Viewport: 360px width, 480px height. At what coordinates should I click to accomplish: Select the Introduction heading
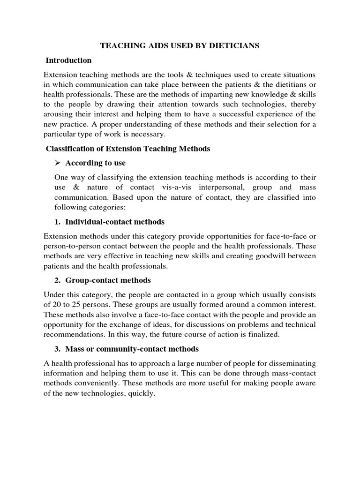pos(68,60)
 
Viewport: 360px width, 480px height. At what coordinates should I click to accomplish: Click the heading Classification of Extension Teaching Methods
pos(128,149)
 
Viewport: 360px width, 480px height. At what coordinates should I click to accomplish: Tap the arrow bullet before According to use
pos(59,163)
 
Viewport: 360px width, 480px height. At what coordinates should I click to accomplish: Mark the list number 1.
pos(58,222)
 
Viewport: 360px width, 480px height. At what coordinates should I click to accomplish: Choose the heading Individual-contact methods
pos(115,222)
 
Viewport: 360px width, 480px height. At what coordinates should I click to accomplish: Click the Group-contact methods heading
pos(108,280)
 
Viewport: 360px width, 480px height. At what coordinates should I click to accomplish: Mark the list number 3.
pos(58,349)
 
